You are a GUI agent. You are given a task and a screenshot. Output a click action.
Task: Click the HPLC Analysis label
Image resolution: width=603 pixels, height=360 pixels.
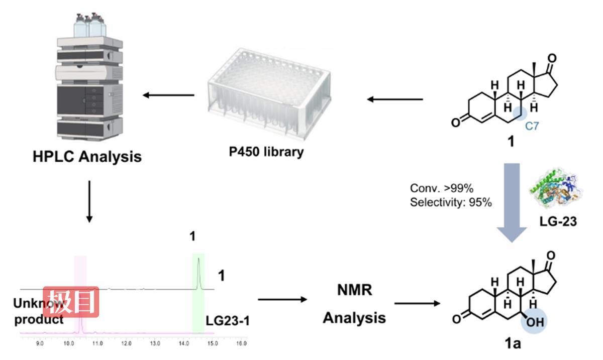87,156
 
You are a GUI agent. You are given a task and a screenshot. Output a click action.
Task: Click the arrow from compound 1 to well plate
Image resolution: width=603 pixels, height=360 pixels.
394,99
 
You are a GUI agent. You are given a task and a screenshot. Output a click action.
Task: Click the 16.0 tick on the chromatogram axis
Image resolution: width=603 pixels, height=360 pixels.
241,344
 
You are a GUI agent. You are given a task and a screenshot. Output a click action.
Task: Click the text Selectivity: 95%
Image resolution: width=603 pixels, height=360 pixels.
451,203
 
